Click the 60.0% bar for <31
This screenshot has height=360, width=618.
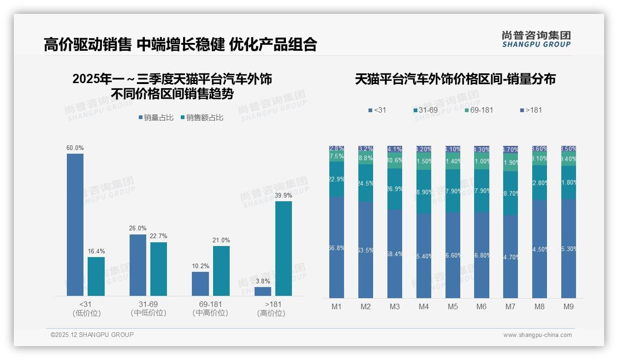point(75,224)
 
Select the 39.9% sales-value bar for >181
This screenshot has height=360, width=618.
point(284,248)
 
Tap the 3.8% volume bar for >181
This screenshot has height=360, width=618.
point(263,291)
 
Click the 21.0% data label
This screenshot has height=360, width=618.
point(221,240)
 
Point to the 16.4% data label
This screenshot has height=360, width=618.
point(96,252)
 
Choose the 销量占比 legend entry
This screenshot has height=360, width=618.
point(156,118)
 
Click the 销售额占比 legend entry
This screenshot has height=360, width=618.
point(202,118)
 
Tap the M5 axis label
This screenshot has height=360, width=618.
point(452,307)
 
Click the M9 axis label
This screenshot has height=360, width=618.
point(569,307)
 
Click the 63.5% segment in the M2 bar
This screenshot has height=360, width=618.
point(366,250)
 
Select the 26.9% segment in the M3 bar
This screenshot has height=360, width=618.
point(395,189)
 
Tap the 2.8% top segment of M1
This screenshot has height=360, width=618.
point(337,149)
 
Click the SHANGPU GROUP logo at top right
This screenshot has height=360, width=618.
point(536,39)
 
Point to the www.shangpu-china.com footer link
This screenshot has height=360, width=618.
point(537,335)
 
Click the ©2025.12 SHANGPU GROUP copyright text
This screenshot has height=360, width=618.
point(92,335)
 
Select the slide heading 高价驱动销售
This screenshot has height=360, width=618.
point(88,44)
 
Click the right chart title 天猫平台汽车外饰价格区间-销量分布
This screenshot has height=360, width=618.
point(455,79)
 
